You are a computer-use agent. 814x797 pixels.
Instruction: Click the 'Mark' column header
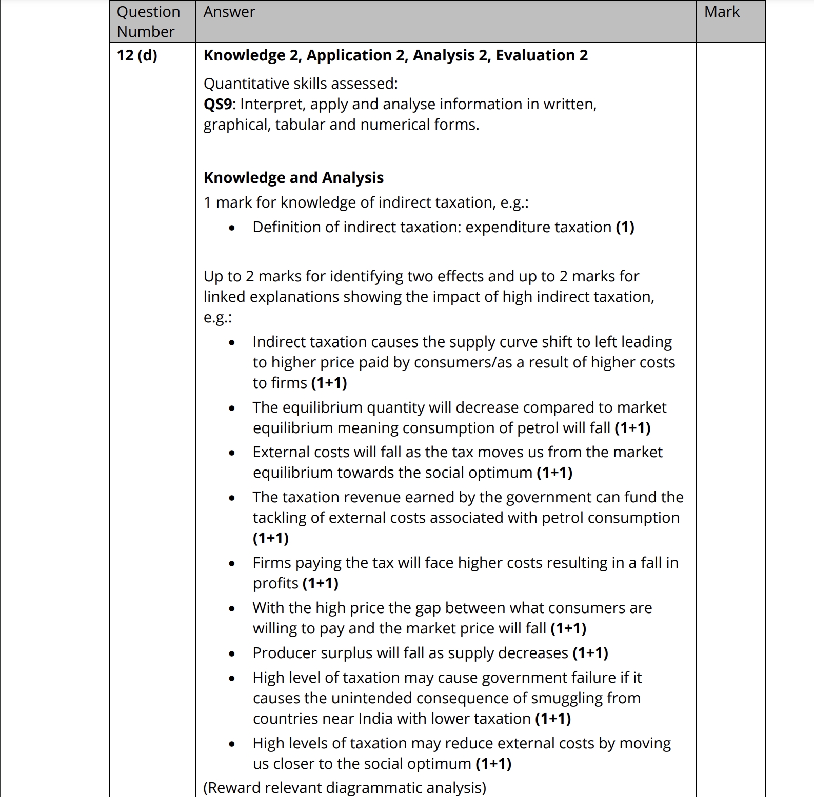[722, 12]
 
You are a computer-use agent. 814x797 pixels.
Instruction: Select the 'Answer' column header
[229, 12]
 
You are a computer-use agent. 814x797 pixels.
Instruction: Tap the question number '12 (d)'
[137, 55]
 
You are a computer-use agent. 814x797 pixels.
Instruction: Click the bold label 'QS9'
[218, 104]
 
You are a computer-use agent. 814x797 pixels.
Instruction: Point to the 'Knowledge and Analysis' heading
[293, 178]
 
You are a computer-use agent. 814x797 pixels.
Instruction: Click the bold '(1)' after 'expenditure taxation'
[625, 227]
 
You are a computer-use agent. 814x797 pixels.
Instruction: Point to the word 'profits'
[275, 583]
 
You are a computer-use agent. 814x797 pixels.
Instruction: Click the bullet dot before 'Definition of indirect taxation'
[232, 228]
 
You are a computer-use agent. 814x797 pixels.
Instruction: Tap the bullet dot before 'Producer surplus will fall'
[232, 653]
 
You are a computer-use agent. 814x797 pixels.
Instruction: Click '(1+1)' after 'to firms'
[329, 383]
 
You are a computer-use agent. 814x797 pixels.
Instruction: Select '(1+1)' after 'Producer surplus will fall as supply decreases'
[590, 653]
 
